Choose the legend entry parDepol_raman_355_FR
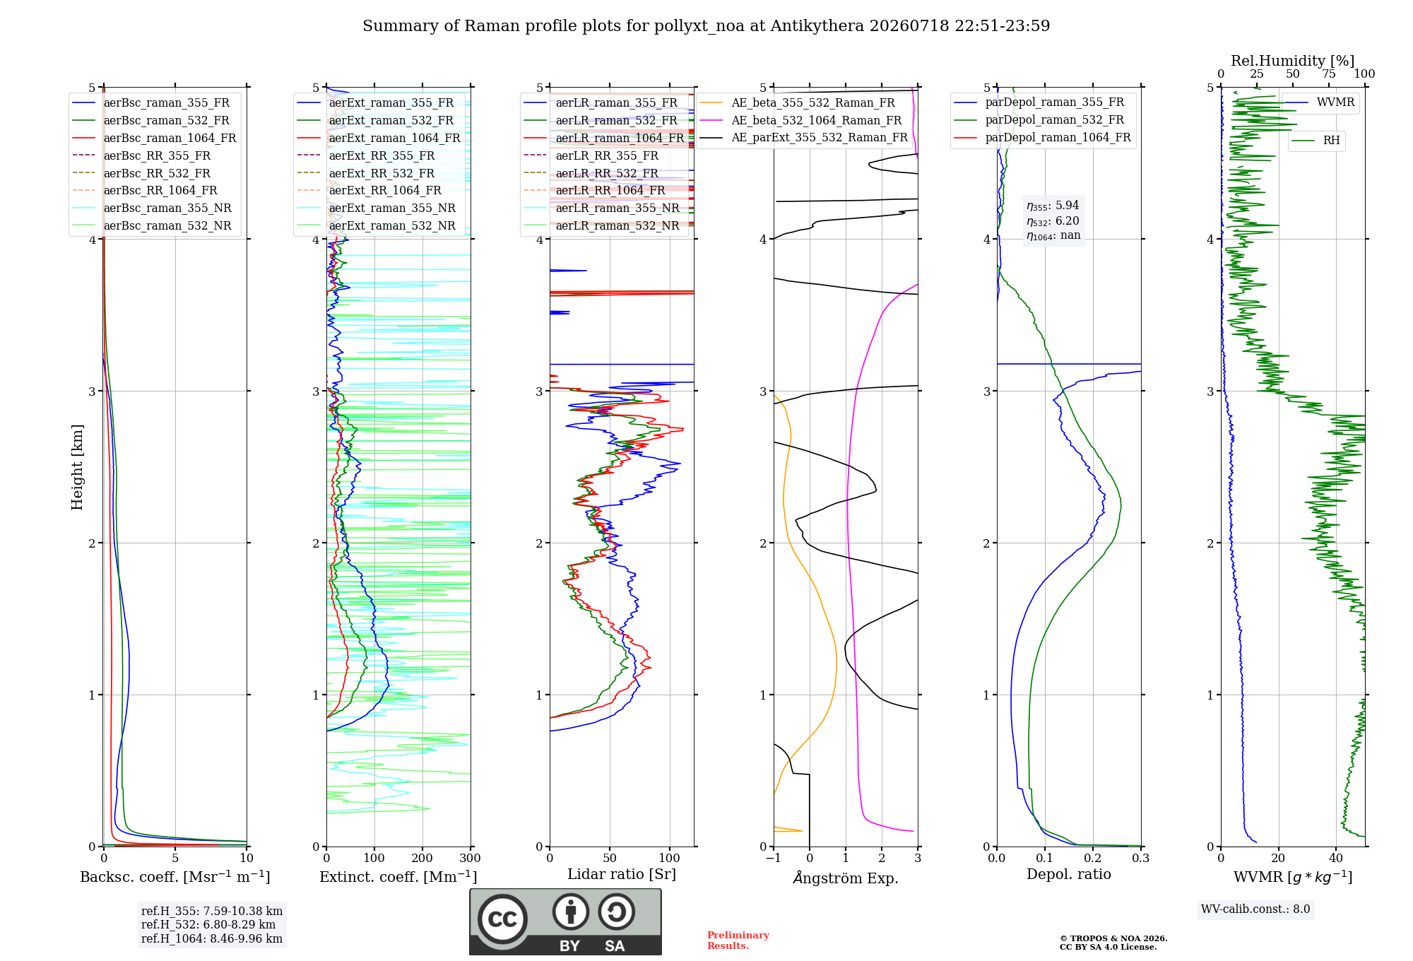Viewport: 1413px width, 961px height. pos(1039,102)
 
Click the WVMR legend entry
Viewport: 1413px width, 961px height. pos(1320,102)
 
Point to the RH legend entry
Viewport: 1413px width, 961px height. pos(1316,141)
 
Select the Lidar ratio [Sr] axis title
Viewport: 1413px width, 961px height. pos(622,875)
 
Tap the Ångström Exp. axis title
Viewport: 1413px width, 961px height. pos(846,878)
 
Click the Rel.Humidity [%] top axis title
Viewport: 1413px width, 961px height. pos(1293,61)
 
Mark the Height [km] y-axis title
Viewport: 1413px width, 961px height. pos(77,467)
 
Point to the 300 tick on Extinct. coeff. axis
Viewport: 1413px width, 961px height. pos(471,859)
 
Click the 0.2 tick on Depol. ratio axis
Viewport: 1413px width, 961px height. pos(1093,859)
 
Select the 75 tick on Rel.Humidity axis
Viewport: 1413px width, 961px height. pos(1329,74)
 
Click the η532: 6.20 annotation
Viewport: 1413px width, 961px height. pos(1053,221)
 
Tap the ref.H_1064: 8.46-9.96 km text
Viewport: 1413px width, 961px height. pos(212,939)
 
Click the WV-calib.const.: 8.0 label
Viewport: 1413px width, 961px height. pos(1255,909)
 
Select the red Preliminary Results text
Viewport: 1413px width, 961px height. pos(738,941)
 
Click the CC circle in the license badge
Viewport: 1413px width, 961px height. pos(502,919)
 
